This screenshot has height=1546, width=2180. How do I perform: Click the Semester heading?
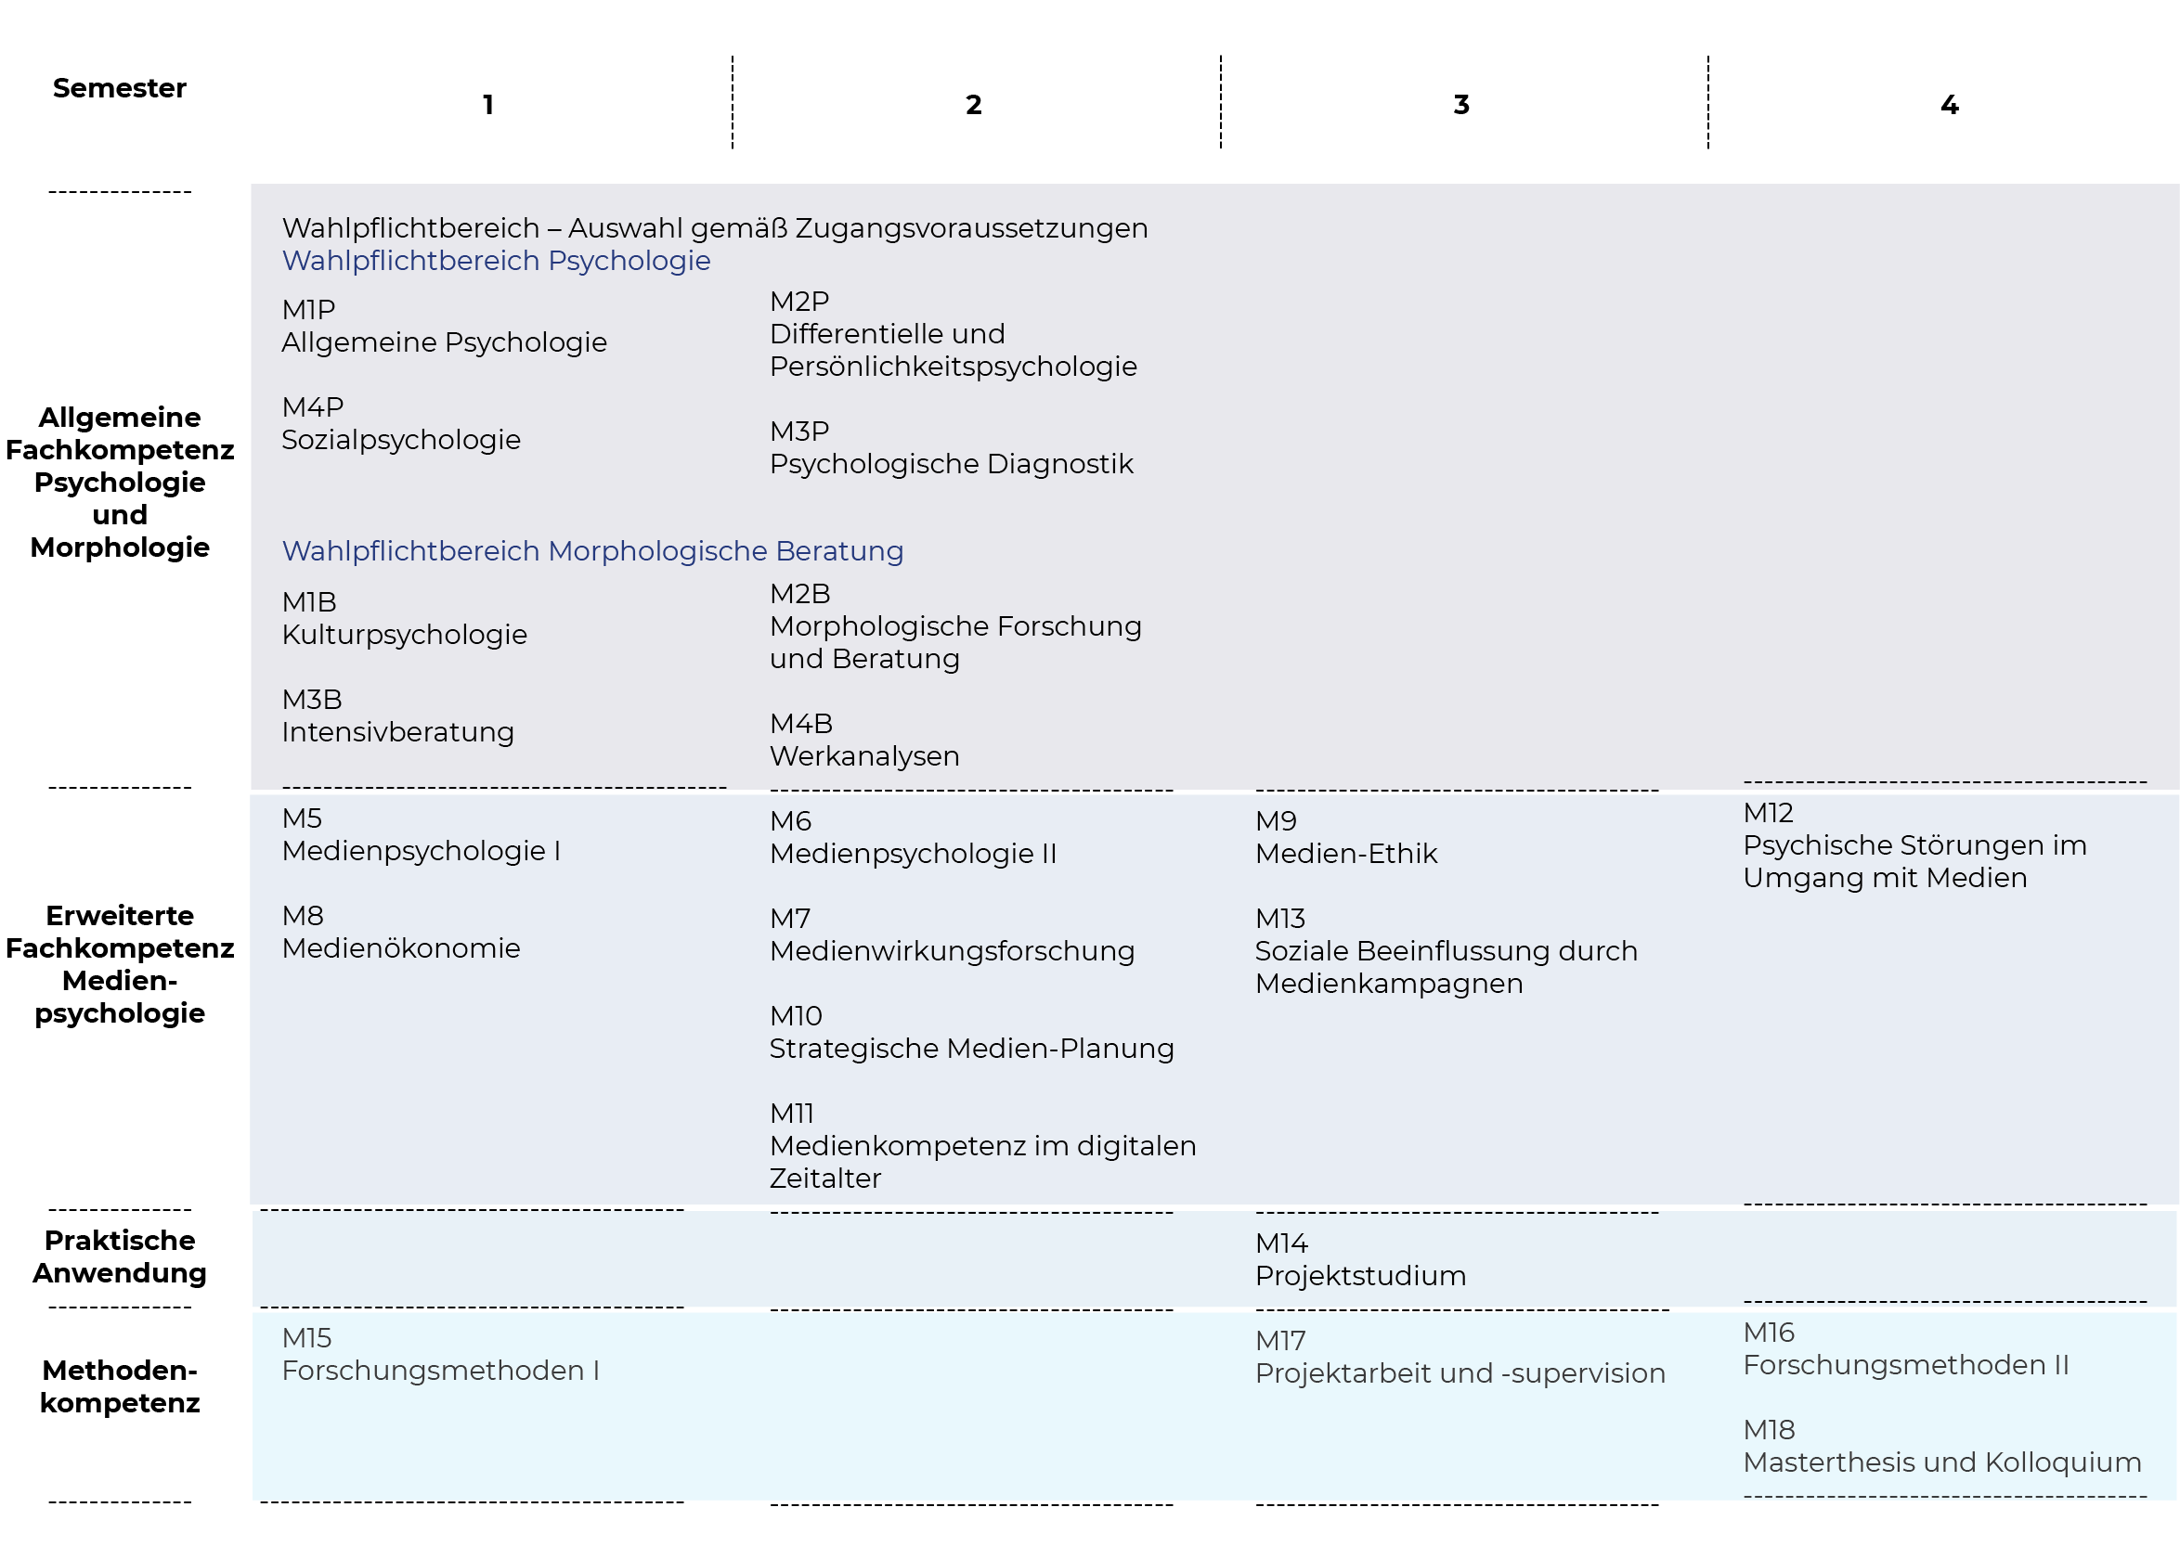(x=119, y=87)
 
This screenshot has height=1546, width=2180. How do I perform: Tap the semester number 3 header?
(x=1461, y=105)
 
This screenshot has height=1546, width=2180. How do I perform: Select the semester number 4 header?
(x=1949, y=105)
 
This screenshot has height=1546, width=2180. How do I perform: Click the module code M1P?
(x=308, y=309)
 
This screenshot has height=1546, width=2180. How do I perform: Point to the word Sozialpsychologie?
(x=401, y=440)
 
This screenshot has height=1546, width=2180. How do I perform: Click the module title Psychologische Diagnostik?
(x=951, y=464)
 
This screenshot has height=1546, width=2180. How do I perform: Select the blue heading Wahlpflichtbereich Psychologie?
(x=496, y=260)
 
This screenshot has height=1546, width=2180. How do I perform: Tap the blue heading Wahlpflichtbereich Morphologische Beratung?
(x=592, y=550)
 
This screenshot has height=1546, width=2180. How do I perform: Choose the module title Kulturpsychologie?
(x=404, y=635)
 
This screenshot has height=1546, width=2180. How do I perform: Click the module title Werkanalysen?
(x=863, y=756)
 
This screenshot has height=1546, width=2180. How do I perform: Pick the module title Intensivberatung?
(x=397, y=732)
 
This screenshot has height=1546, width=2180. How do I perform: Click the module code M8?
(x=303, y=916)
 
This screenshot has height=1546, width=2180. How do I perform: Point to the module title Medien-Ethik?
(x=1345, y=853)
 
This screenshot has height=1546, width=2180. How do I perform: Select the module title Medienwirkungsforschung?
(x=952, y=951)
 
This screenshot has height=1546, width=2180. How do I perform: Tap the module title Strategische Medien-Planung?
(x=971, y=1048)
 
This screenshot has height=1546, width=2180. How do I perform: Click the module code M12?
(x=1768, y=812)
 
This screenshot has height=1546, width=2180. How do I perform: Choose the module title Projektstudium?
(x=1360, y=1276)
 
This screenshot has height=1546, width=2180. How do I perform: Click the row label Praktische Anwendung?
(x=119, y=1256)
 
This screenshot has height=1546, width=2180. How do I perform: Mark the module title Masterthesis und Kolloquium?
(x=1942, y=1462)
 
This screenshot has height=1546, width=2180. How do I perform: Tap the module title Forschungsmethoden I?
(x=440, y=1371)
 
